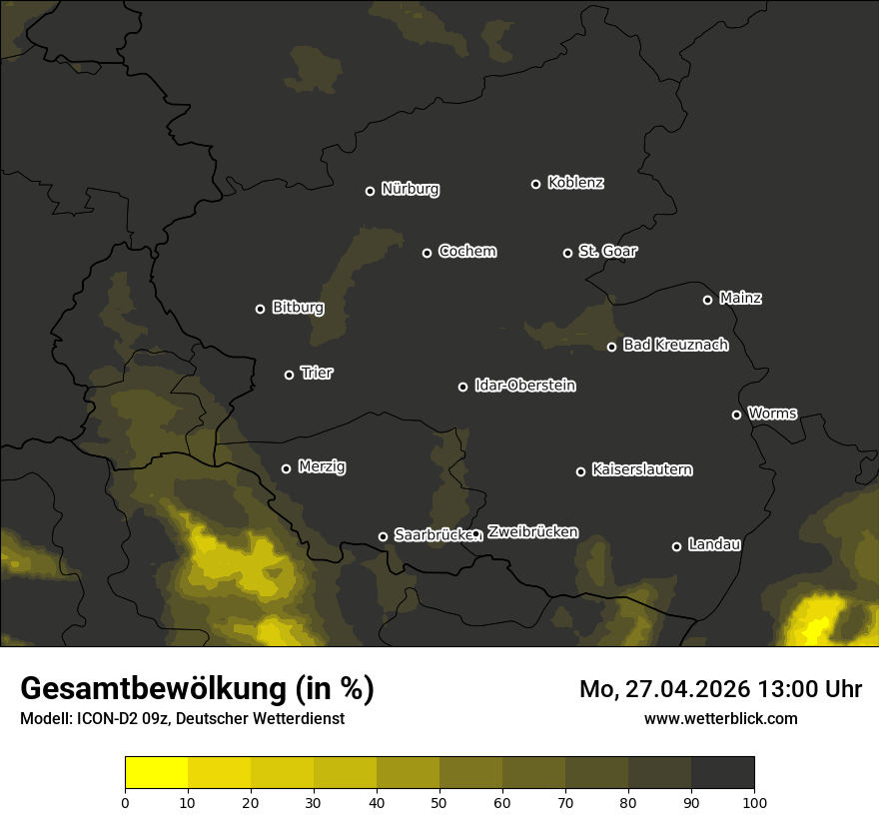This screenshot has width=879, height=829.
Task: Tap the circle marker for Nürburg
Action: [370, 191]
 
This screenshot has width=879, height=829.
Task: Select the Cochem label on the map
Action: [466, 251]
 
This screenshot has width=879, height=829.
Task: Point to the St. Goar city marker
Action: [567, 253]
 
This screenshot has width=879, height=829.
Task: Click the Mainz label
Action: [739, 298]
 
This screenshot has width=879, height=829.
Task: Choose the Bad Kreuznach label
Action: [675, 345]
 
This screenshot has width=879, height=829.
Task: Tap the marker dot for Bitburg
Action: [260, 309]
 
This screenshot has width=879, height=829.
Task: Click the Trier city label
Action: [317, 373]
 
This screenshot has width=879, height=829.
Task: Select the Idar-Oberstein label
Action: [524, 385]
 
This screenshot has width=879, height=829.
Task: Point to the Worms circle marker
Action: [736, 414]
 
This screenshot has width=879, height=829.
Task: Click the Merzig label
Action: [322, 466]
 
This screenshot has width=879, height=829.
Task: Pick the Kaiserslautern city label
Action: [641, 469]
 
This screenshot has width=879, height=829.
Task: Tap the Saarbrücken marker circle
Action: [383, 536]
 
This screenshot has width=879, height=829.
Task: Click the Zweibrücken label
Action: [532, 531]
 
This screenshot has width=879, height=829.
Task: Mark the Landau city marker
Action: [676, 546]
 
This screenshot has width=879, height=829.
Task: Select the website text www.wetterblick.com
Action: [720, 718]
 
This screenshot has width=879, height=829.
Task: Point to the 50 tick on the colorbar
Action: [439, 802]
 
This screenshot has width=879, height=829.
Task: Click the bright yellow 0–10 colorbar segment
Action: [156, 773]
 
